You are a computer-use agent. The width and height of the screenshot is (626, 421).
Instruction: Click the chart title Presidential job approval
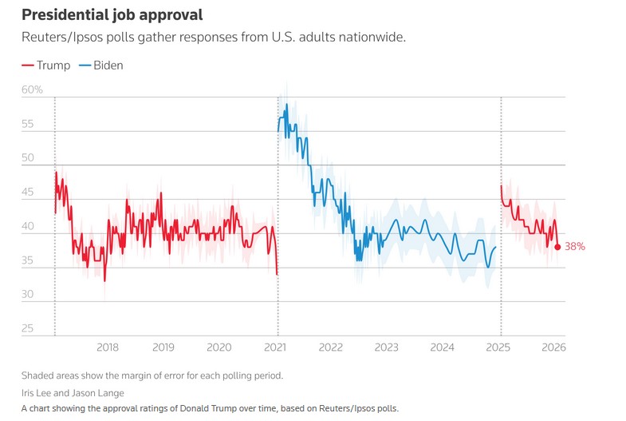point(112,14)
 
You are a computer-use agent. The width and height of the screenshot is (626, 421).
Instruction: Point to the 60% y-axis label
point(32,89)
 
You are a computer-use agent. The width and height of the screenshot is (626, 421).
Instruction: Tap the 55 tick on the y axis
point(27,125)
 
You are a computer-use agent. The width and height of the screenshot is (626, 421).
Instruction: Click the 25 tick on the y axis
point(27,328)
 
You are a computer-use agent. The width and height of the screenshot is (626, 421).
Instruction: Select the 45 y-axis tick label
point(27,193)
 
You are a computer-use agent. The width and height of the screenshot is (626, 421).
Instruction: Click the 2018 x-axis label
point(108,347)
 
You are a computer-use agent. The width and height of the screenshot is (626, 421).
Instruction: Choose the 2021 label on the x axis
point(275,347)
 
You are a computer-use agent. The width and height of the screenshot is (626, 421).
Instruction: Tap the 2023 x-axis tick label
point(387,347)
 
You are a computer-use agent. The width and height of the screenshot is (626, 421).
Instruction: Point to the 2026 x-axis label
point(553,347)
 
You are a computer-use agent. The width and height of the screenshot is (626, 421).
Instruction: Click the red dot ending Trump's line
point(557,247)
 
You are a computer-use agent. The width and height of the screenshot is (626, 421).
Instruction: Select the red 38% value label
point(575,247)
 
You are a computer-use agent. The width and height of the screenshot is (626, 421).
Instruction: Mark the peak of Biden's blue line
point(286,104)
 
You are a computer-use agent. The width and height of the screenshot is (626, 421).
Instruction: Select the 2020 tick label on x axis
point(219,347)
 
